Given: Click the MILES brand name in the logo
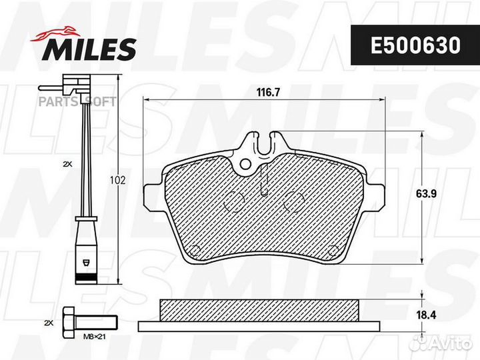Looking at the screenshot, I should click(91, 49).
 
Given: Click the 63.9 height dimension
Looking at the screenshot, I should click(427, 194).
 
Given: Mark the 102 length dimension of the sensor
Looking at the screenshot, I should click(118, 181).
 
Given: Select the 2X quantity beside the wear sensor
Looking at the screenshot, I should click(67, 163).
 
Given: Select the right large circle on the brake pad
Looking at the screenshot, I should click(293, 199).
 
